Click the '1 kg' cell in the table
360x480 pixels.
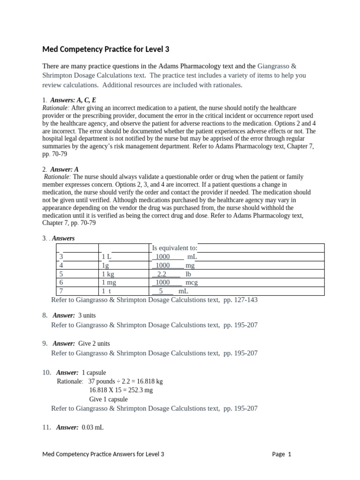pos(108,274)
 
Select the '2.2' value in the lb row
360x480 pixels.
pos(162,274)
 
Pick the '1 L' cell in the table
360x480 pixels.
pos(106,256)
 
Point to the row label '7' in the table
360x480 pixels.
pos(61,291)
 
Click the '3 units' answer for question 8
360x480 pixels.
pos(87,315)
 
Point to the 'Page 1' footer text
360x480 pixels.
pos(282,454)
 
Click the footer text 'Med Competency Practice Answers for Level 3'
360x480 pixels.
pos(103,454)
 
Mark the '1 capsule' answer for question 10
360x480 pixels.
pos(94,373)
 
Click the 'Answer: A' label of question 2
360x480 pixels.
pos(67,169)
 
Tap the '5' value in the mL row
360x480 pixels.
pos(161,291)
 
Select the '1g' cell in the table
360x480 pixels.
pos(105,265)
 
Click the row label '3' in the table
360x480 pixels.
pos(61,256)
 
